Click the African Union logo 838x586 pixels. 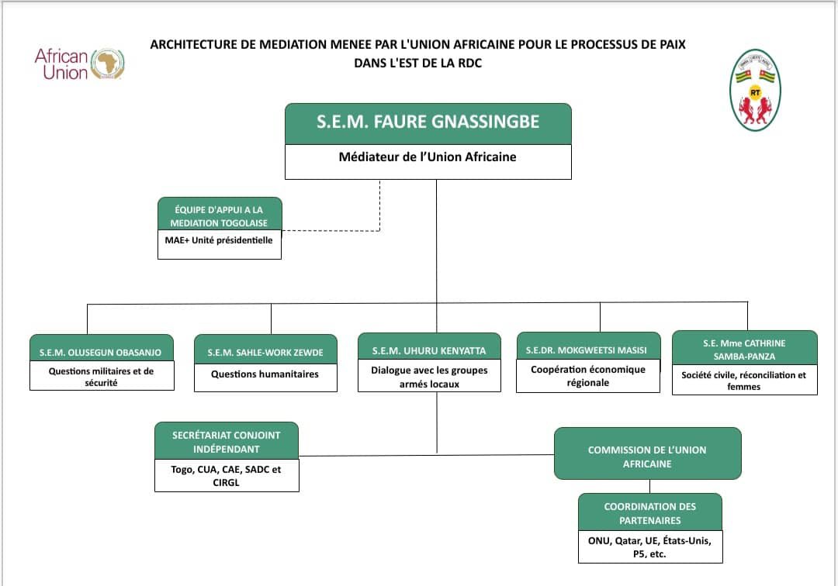coord(80,64)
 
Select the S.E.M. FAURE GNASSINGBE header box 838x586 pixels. coord(428,123)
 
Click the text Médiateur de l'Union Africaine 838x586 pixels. coord(428,157)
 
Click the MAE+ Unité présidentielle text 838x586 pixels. coord(219,240)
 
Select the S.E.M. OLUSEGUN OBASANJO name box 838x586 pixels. coord(101,352)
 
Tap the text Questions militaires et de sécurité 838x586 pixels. coord(101,377)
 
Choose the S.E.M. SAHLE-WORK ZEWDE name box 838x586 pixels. coord(265,352)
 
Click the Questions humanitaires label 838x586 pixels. coord(265,374)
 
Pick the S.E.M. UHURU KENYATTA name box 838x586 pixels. coord(429,351)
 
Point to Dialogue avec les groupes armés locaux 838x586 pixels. coord(429,377)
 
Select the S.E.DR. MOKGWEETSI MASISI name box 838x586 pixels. coord(588,350)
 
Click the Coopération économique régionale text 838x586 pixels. coord(588,376)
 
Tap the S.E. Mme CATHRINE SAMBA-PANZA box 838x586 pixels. coord(744,348)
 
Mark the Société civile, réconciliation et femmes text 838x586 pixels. coord(744,381)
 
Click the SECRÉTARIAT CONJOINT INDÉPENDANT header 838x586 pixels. coord(227,442)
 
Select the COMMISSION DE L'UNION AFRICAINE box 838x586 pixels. coord(647,457)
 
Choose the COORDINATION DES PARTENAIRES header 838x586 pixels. coord(650,513)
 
